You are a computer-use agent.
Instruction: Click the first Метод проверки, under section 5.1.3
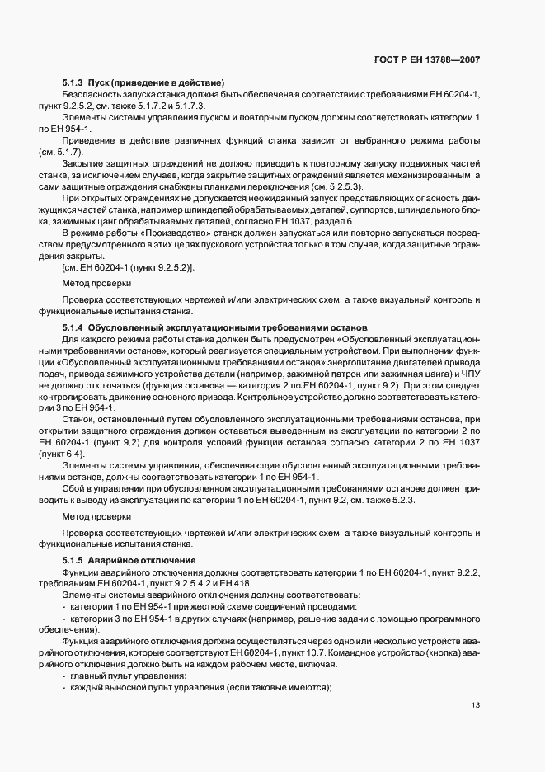[x=96, y=283]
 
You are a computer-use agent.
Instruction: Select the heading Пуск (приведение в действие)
[x=157, y=83]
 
